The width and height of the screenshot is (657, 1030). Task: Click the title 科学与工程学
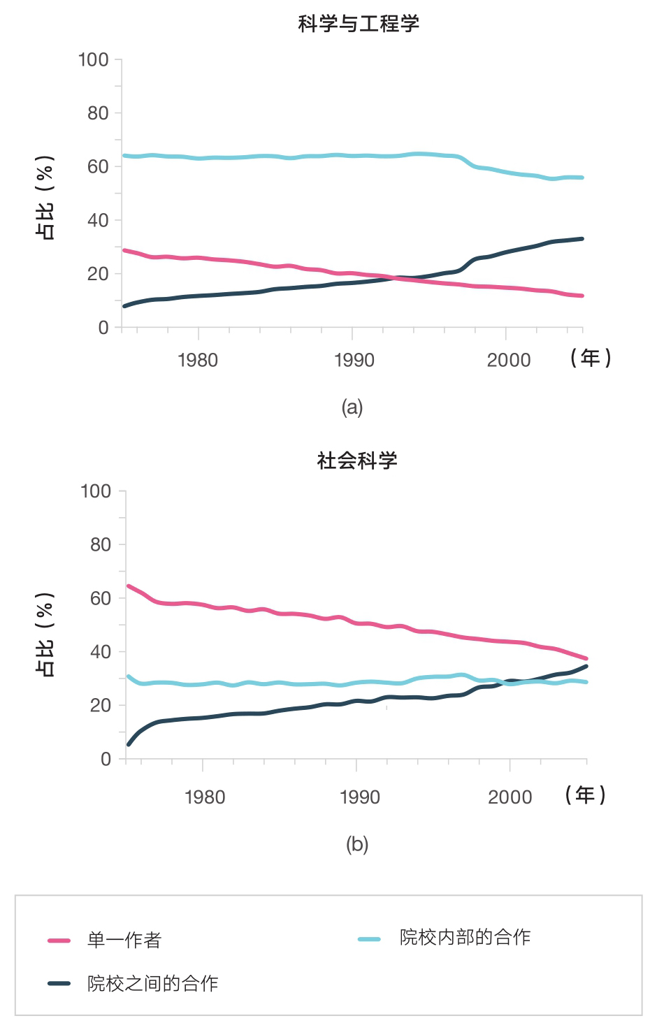[359, 24]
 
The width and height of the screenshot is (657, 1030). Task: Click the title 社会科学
[357, 460]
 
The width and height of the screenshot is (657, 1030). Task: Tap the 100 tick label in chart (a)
[94, 59]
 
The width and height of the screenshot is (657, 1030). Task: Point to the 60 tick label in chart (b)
[101, 598]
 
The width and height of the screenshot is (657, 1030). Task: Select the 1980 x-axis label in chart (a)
[198, 360]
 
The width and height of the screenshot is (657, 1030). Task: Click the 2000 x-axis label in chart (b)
[510, 797]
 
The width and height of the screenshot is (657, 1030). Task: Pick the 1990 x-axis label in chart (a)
[354, 360]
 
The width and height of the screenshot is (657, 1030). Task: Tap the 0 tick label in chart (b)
[106, 760]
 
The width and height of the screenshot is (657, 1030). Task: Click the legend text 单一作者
[124, 941]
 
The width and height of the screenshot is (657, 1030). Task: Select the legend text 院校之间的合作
[153, 984]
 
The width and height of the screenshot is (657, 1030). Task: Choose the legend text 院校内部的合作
[465, 938]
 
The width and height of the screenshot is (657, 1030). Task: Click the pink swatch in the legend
[59, 941]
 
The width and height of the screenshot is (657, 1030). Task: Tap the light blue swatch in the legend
[369, 939]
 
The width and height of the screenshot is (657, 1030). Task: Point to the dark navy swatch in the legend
[59, 984]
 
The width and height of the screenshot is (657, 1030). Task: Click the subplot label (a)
[352, 407]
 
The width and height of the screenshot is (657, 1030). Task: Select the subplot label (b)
[357, 844]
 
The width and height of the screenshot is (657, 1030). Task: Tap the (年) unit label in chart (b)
[586, 795]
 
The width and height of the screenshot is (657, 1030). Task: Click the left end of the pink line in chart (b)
[129, 586]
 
